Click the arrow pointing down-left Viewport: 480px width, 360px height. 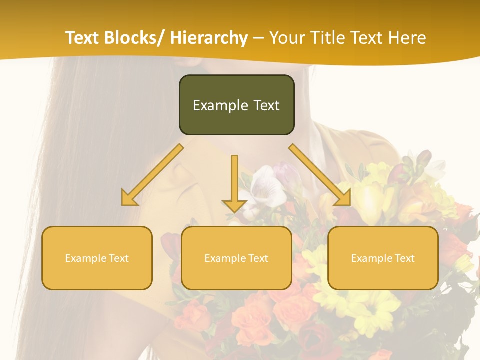152,175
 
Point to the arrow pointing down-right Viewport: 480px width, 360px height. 320,175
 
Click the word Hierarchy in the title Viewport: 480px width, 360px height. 208,38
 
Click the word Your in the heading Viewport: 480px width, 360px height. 287,38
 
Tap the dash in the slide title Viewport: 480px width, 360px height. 258,38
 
